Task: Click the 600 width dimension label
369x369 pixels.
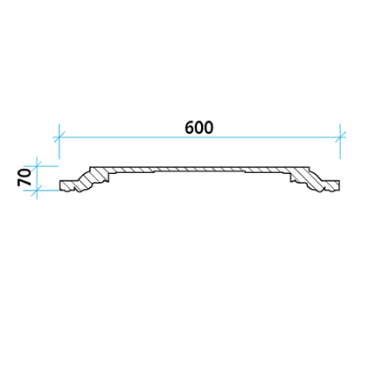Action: (199, 128)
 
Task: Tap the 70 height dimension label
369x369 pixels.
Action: (24, 178)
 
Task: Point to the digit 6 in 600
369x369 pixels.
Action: (190, 128)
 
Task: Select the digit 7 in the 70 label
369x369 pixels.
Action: (24, 182)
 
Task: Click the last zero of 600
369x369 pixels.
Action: (209, 128)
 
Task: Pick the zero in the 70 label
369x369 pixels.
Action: (24, 173)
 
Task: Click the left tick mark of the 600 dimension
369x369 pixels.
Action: (59, 136)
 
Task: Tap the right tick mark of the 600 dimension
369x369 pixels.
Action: (340, 136)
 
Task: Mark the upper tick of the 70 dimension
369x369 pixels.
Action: (37, 166)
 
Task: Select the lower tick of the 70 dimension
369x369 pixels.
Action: (37, 190)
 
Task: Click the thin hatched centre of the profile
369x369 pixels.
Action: (199, 169)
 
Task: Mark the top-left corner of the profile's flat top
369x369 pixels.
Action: (90, 167)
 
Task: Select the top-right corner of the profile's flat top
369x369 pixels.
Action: (309, 167)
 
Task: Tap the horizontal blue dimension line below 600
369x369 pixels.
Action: (199, 136)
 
